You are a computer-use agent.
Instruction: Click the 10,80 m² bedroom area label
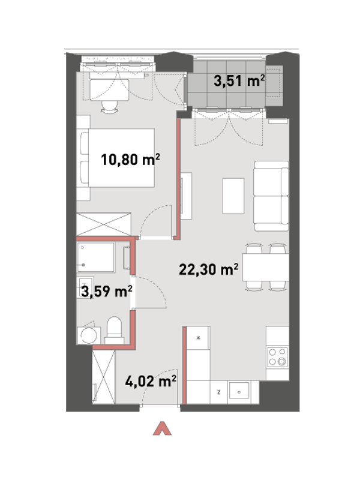131,160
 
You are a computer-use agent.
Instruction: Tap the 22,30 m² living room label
208,269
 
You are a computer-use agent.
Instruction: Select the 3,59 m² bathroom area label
107,291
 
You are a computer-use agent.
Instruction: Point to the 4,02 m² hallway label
151,382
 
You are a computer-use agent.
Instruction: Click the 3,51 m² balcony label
239,81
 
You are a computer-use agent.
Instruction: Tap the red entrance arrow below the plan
162,428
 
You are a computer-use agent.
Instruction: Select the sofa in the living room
271,196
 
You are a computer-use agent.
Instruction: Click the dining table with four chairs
266,267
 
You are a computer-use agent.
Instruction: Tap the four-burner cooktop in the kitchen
277,357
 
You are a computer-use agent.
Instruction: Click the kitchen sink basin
239,392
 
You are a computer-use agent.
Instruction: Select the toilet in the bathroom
114,330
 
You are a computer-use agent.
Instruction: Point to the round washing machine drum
89,335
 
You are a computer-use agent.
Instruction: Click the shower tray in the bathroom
96,257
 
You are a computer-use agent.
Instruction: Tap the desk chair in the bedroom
109,107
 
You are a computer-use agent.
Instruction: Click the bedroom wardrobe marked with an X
104,224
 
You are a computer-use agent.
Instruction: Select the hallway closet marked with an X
104,377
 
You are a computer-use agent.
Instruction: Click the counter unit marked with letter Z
219,392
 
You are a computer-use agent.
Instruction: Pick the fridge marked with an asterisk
199,338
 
